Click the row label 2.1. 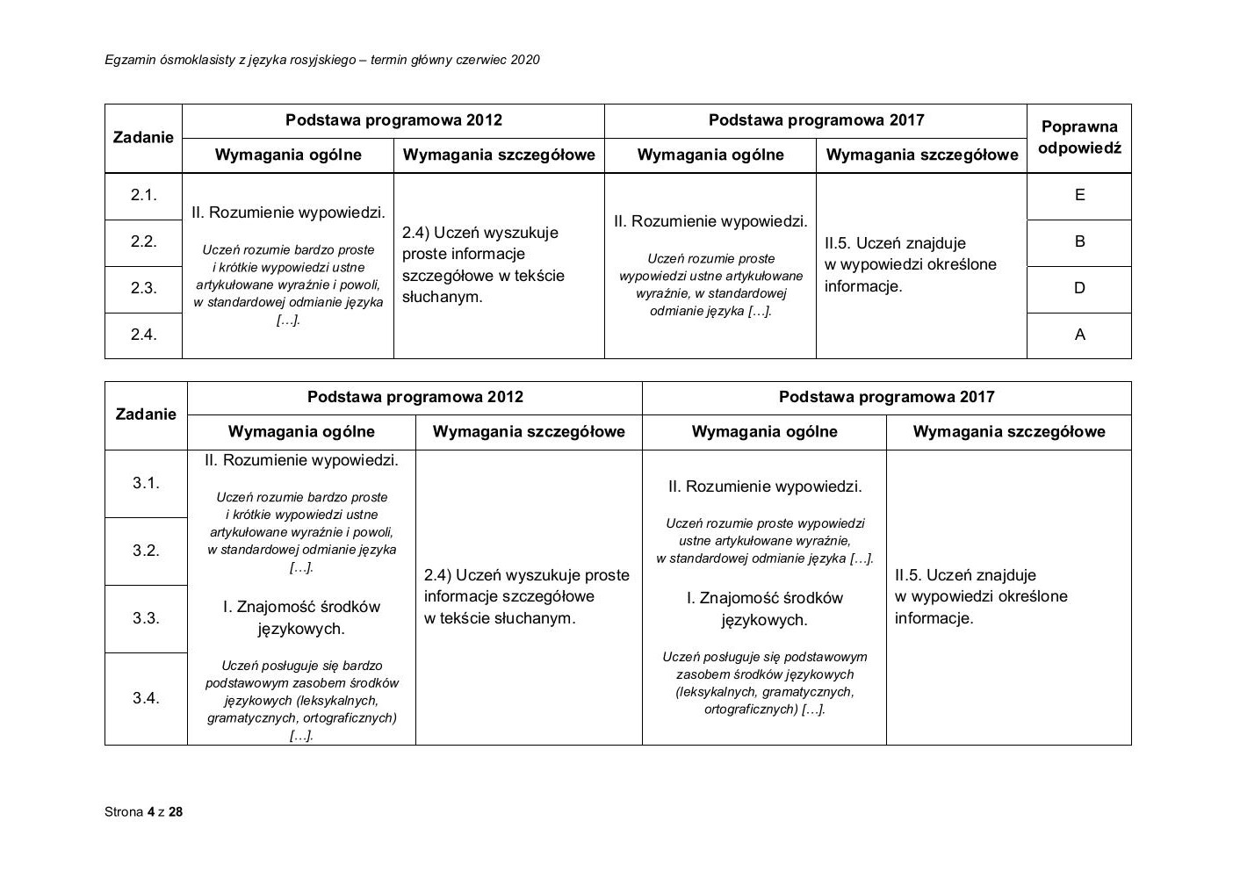click(x=143, y=195)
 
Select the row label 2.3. click(x=143, y=288)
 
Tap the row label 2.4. click(x=143, y=335)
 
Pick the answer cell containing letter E click(x=1079, y=195)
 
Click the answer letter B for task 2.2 click(x=1079, y=241)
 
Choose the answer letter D click(x=1079, y=288)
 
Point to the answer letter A click(x=1079, y=335)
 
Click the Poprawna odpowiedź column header click(x=1079, y=137)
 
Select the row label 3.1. click(x=146, y=483)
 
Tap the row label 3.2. click(x=146, y=551)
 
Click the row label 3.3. click(x=146, y=618)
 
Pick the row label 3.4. click(x=146, y=698)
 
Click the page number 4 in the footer click(x=151, y=812)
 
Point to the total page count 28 click(x=176, y=812)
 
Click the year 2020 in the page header click(x=524, y=60)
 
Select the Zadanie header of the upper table click(x=143, y=137)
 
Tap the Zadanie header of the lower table click(x=146, y=414)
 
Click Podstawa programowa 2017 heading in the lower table click(x=886, y=397)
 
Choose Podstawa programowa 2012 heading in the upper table click(x=393, y=120)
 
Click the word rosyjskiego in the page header click(x=322, y=60)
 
